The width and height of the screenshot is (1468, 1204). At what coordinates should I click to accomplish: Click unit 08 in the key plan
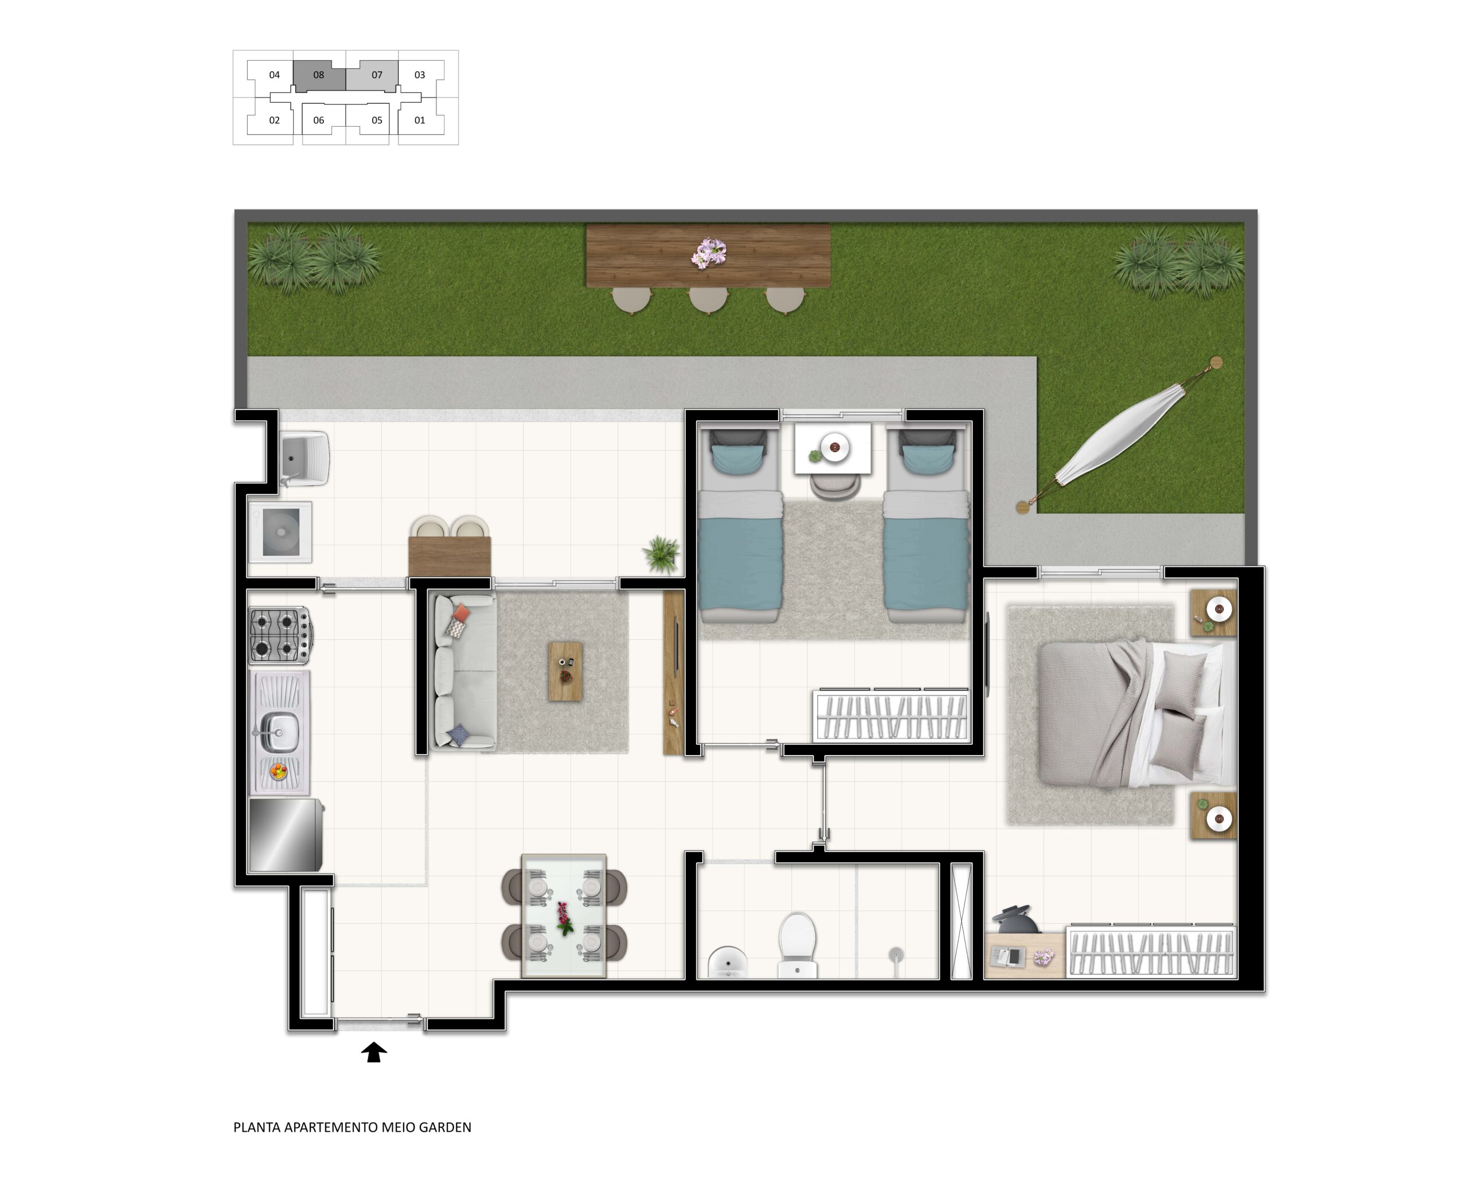(318, 75)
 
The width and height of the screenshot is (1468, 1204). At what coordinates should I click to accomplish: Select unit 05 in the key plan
(377, 120)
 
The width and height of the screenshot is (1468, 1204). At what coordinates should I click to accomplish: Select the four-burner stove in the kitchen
(281, 635)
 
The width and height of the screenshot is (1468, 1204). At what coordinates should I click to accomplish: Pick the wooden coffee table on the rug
(565, 671)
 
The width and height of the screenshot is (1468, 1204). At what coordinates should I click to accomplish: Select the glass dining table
(564, 916)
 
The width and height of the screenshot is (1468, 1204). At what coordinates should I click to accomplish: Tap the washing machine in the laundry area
(280, 531)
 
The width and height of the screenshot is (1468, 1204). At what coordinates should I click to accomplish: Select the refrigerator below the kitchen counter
(286, 835)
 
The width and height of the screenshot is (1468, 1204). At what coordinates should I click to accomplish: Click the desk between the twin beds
(833, 449)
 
